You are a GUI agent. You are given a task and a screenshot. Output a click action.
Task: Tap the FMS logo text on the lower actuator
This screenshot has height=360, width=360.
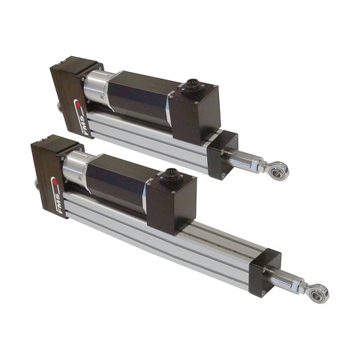[58, 202]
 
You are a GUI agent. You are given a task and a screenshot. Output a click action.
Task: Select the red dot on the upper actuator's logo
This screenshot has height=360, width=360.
[79, 104]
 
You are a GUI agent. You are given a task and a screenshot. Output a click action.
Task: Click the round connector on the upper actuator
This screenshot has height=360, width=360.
[191, 87]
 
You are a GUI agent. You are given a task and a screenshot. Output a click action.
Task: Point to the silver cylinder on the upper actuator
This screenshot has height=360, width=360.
[96, 86]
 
